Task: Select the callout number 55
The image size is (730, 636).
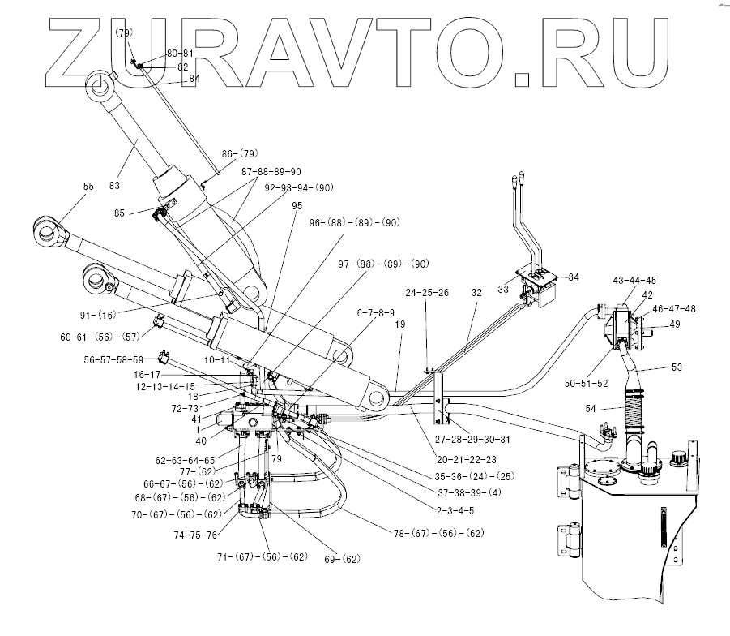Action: click(x=88, y=187)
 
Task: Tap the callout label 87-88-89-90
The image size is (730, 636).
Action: click(x=271, y=171)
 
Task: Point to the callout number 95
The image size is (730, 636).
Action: click(x=297, y=206)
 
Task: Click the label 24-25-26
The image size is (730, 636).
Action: click(x=427, y=293)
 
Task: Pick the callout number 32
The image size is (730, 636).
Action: click(x=476, y=293)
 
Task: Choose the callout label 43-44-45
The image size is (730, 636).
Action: click(x=634, y=280)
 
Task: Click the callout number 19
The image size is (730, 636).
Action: click(x=400, y=324)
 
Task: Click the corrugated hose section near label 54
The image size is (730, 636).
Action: click(x=633, y=412)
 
